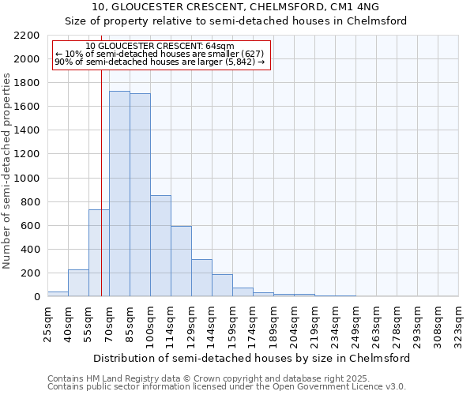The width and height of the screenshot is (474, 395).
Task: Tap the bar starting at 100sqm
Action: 160,246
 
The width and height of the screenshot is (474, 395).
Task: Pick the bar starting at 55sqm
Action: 99,253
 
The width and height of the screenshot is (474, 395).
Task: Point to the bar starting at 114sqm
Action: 181,261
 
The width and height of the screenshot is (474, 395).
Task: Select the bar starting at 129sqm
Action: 201,277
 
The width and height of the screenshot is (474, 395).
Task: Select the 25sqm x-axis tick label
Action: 48,325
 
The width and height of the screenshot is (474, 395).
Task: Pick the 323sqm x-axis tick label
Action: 459,325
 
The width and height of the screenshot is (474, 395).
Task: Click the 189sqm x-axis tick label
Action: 274,325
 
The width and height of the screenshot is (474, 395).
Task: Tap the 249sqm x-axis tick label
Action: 356,325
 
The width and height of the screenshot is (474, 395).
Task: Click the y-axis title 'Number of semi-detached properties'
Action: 7,171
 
